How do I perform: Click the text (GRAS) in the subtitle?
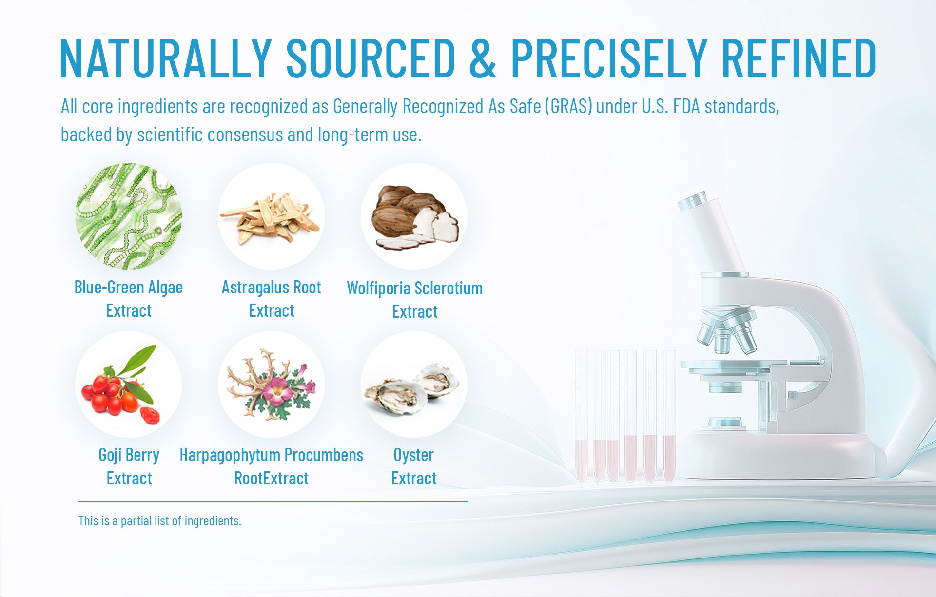point(568,106)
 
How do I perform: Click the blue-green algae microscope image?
point(129,216)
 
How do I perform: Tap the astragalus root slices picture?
point(271,216)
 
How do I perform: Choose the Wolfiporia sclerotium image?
point(414,216)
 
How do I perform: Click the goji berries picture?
point(129,385)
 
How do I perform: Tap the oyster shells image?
point(414,385)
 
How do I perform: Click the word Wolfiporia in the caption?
point(378,289)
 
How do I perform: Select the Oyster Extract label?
point(414,466)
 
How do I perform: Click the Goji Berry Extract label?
point(129,466)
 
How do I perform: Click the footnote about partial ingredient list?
point(160,521)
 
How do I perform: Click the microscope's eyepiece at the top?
point(692,200)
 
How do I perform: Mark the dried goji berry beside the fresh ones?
point(150,415)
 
